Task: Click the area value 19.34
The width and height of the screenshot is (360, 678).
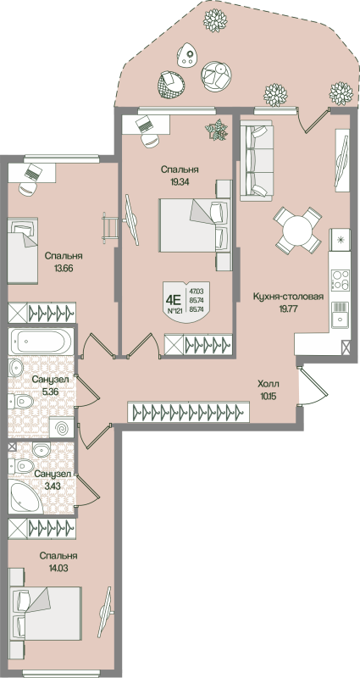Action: click(x=179, y=183)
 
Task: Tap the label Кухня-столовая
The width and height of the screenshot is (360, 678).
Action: click(x=288, y=297)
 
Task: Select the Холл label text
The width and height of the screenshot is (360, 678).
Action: click(x=269, y=383)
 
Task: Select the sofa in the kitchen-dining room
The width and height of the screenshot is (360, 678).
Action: click(x=257, y=163)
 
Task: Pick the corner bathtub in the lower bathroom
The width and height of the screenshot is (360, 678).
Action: click(x=25, y=497)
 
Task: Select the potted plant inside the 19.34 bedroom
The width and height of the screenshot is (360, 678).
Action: click(x=218, y=130)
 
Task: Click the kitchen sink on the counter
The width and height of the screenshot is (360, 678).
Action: click(x=341, y=318)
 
